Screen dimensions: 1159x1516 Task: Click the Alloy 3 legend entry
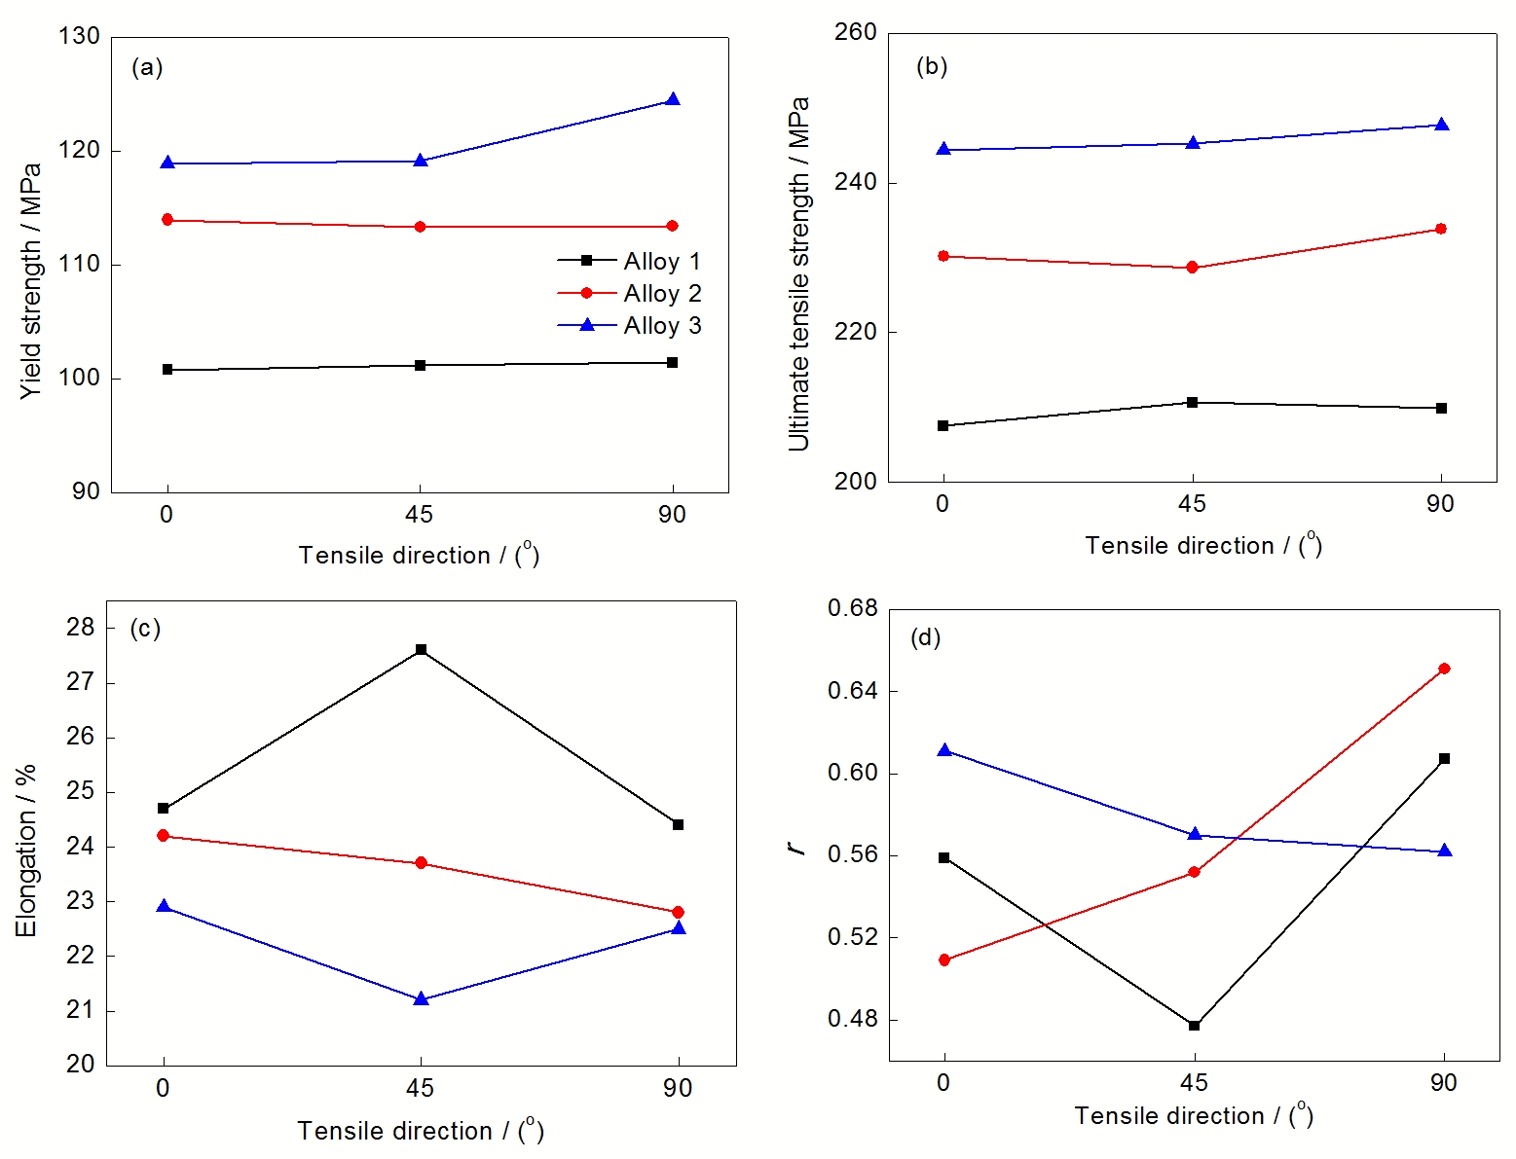[629, 326]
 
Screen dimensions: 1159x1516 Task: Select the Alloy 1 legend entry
[629, 262]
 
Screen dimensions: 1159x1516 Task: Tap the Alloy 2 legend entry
[629, 294]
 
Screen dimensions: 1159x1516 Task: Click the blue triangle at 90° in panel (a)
[672, 100]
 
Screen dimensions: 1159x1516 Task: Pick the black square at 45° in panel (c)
[421, 649]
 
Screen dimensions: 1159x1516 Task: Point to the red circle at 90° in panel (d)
[1444, 669]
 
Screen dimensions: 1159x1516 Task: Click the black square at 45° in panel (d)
[1194, 1026]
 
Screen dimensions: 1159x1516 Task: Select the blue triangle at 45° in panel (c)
[421, 999]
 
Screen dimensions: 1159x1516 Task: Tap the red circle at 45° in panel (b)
[1192, 268]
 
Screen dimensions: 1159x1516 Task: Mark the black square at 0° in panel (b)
[943, 426]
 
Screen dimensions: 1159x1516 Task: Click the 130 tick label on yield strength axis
[79, 36]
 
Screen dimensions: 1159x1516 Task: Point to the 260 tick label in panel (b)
[855, 32]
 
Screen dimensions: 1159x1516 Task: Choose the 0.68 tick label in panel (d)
[852, 608]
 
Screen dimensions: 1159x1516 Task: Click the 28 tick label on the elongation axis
[81, 628]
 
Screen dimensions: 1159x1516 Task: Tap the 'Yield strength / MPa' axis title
[31, 280]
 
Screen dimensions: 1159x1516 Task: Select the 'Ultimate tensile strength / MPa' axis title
[798, 274]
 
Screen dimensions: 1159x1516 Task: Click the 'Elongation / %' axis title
[26, 851]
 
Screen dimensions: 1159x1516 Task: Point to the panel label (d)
[925, 637]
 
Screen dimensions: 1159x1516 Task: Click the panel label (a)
[147, 67]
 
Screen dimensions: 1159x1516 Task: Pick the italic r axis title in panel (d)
[799, 848]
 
